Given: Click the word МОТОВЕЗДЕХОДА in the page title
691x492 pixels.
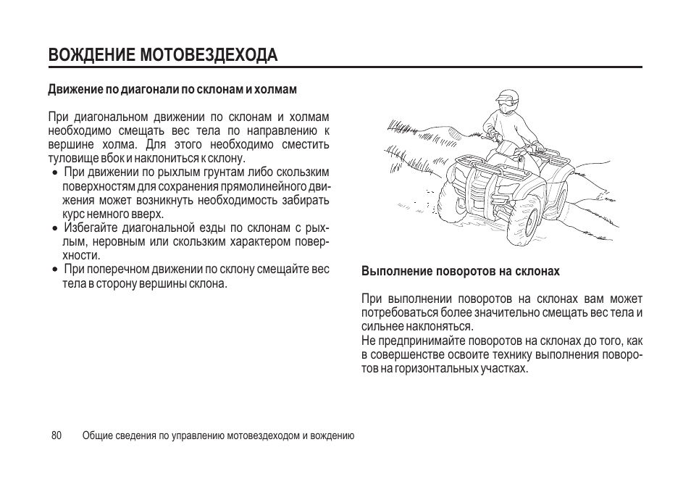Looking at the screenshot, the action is (209, 55).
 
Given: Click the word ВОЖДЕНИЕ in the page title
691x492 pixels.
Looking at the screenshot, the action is (92, 55).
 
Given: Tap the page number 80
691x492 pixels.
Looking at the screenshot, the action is (56, 435).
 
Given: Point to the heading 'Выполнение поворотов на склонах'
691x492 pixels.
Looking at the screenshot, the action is (460, 271).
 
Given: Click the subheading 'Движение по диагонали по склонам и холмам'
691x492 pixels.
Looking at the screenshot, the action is (172, 90).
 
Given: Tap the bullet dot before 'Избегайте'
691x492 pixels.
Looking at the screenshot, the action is (54, 229).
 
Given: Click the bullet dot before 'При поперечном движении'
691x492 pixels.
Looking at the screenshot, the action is (54, 270).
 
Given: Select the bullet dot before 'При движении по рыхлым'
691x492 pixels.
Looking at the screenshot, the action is (54, 172).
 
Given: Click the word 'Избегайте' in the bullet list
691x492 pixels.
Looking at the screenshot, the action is (91, 228).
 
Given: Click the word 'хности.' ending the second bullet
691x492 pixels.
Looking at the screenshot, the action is (81, 255).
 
